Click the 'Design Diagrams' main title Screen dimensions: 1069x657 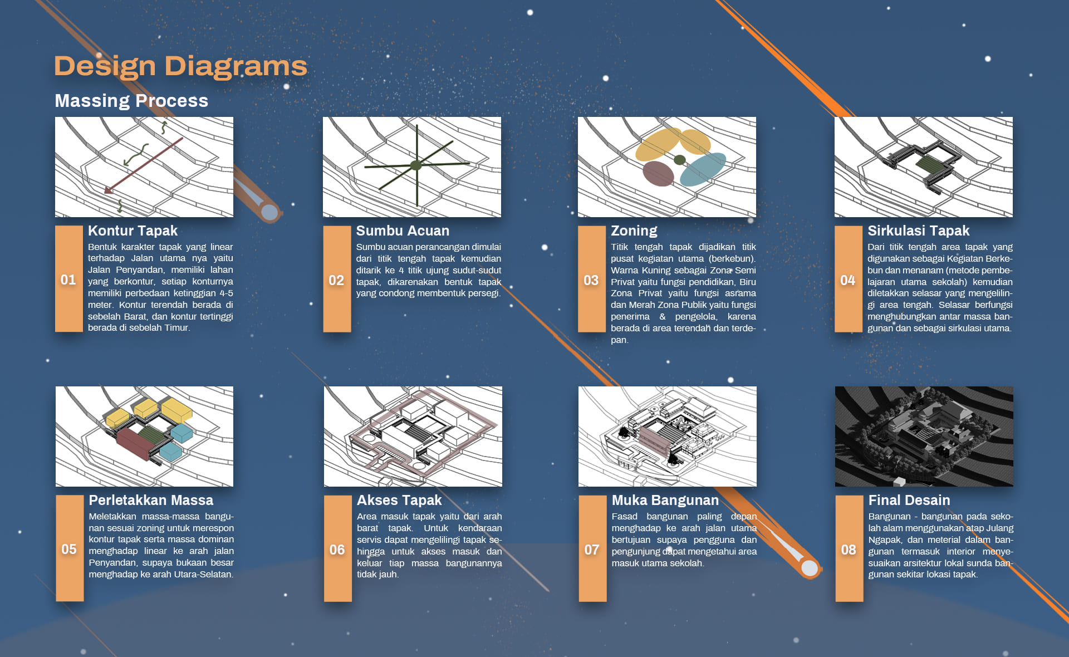click(180, 66)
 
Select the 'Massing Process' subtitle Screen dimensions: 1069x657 click(131, 101)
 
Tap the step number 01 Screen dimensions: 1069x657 click(68, 280)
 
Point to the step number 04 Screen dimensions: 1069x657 click(848, 280)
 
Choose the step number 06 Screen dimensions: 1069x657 click(337, 550)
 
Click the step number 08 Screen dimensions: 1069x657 click(849, 550)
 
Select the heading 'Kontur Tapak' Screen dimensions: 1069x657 click(133, 231)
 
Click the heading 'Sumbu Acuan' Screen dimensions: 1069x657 click(403, 231)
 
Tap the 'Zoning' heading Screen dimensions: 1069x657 click(634, 231)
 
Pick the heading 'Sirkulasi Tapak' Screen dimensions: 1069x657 click(919, 231)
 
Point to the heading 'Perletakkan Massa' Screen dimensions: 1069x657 click(151, 500)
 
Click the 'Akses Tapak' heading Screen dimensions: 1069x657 click(399, 500)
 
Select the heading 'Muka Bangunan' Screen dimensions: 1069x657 click(665, 500)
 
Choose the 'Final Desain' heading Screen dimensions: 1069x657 click(909, 500)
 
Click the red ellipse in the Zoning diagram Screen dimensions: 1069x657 click(658, 173)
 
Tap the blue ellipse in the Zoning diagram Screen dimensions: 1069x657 click(703, 169)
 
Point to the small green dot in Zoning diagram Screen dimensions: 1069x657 click(679, 160)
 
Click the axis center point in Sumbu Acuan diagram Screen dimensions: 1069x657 click(416, 165)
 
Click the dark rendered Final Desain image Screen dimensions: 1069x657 click(924, 437)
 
